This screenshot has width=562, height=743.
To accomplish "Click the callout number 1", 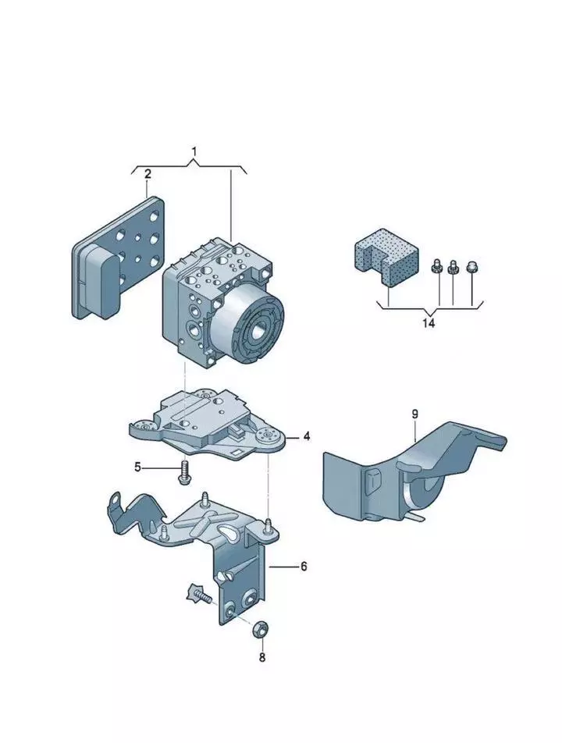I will click(195, 151).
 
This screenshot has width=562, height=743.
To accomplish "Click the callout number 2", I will click(148, 174).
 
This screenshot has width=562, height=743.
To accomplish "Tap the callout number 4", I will click(307, 437).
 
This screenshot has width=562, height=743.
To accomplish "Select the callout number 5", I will click(138, 467).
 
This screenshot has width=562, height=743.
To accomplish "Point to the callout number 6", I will click(304, 566).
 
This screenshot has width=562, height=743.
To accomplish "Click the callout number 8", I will click(262, 657).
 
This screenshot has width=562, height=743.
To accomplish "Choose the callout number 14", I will click(428, 322).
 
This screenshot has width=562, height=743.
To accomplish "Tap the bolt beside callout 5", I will click(185, 471).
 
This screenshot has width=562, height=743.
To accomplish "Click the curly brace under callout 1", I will click(191, 166).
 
